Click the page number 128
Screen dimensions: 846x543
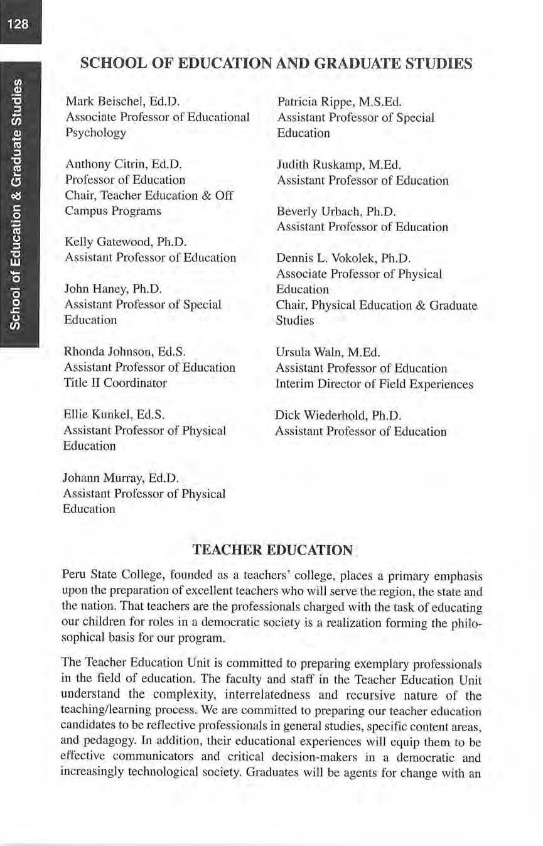19,24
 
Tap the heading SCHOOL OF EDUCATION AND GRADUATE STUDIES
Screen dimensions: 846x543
276,64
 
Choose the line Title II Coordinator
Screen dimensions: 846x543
115,382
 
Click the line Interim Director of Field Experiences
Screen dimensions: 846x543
374,384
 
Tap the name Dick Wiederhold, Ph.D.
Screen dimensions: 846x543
338,415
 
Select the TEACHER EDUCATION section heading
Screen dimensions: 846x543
272,551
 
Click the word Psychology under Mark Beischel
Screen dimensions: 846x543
95,133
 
